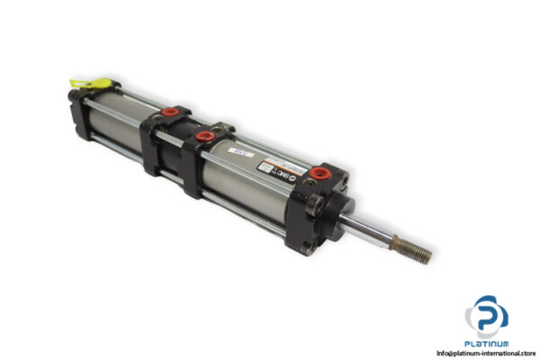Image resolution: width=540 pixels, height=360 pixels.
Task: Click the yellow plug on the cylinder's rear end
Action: tap(91, 86)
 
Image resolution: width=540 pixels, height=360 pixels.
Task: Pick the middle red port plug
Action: tap(206, 137)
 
